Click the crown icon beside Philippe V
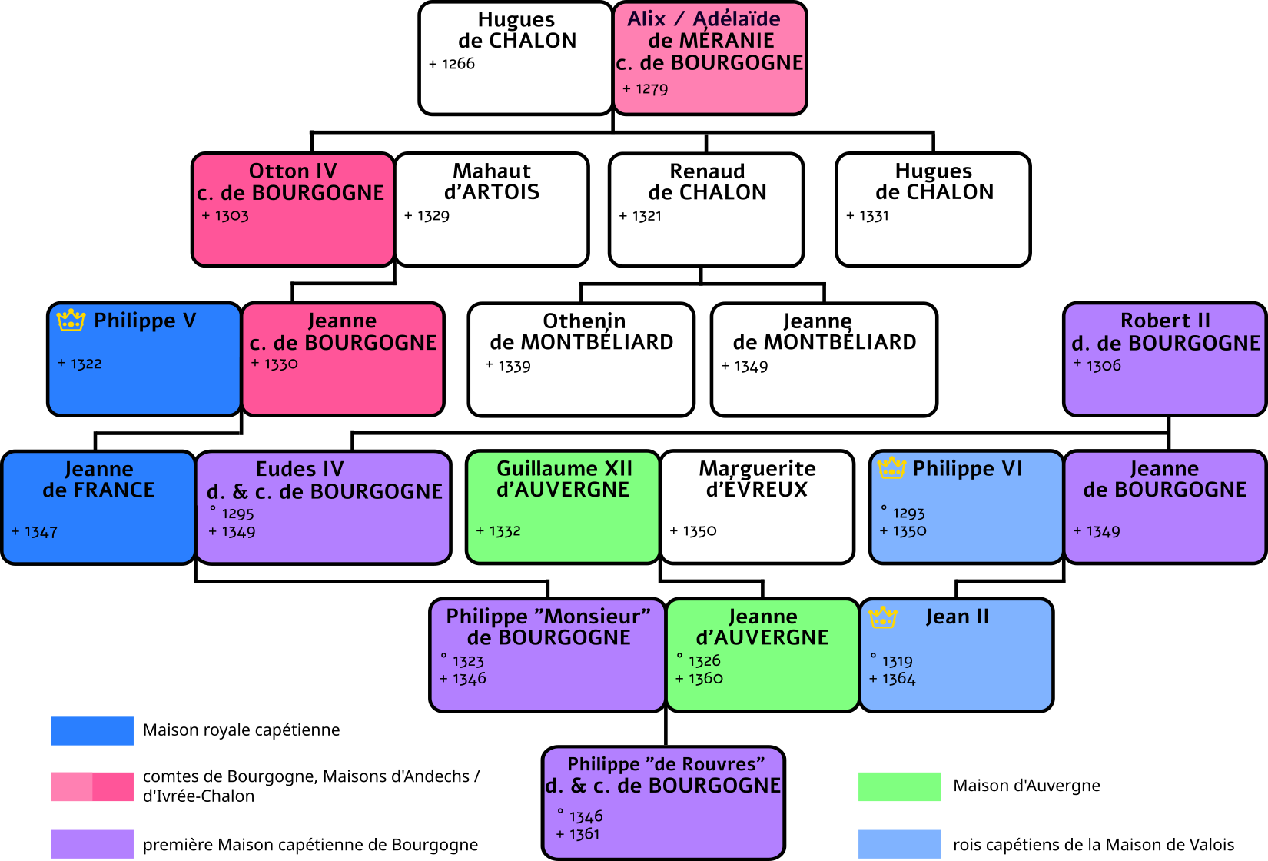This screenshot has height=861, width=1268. pos(71,320)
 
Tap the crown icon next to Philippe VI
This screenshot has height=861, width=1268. pos(891,467)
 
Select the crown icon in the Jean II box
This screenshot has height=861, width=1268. pos(882,617)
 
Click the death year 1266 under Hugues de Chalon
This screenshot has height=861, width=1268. pos(458,64)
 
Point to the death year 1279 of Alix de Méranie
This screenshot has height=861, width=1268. pos(652,89)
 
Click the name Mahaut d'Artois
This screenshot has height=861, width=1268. pos(492,181)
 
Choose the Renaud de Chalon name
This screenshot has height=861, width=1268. pos(707,181)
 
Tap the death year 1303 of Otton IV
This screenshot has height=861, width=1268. pos(231,216)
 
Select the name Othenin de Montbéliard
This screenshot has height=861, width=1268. pos(582,331)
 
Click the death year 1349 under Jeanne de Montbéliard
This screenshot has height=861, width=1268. pos(751,367)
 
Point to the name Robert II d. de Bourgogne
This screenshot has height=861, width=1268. pos(1165,331)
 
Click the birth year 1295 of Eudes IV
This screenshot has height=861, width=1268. pos(237,514)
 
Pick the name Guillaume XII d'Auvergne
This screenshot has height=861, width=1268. pos(563,479)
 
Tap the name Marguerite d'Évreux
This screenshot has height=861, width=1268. pos(757,479)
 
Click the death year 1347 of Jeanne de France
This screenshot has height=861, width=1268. pos(41,532)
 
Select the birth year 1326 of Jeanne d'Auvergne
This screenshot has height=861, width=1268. pos(704,661)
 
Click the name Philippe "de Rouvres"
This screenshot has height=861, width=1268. pos(666,764)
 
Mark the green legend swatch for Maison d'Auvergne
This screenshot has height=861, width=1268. pos(899,786)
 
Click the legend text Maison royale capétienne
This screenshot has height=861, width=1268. pos(241,730)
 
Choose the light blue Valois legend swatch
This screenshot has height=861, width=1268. pos(899,844)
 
